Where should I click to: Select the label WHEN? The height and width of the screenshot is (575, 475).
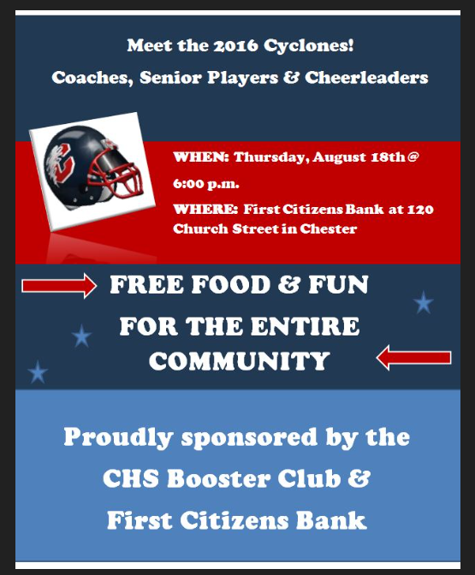pos(201,157)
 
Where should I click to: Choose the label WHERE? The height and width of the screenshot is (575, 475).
pos(205,208)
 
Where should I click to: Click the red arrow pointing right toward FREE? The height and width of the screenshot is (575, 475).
pos(59,287)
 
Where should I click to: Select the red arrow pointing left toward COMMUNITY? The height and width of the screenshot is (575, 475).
pos(413,357)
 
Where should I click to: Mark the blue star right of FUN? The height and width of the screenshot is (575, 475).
pos(423,302)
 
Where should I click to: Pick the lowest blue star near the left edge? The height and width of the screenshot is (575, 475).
pos(38,372)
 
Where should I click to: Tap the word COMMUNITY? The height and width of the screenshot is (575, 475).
pos(239,361)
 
